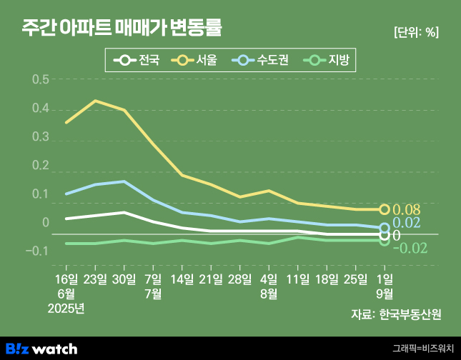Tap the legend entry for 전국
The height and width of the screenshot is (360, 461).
tap(139, 60)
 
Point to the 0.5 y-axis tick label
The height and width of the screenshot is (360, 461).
tap(41, 79)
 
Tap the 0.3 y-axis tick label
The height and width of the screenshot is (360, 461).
tap(41, 137)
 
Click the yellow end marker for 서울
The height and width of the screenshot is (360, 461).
tap(385, 209)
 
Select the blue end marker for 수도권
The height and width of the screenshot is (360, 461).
tap(385, 228)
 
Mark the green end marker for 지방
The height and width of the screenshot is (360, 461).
tap(385, 241)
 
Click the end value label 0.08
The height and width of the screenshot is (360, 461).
tap(407, 210)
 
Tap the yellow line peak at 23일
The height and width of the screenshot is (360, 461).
tap(95, 101)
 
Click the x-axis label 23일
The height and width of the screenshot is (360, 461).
tap(95, 278)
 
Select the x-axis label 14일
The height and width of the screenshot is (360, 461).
tap(182, 278)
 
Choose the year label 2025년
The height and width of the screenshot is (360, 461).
tap(66, 308)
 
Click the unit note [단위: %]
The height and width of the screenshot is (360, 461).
tap(416, 32)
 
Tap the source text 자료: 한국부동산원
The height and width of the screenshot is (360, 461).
tap(396, 314)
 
